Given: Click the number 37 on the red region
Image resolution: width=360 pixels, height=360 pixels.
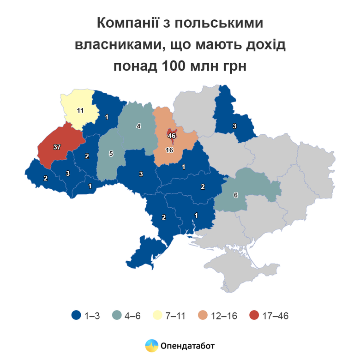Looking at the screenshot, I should point(57,147).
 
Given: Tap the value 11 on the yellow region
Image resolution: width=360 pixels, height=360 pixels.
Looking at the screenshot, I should point(80,110).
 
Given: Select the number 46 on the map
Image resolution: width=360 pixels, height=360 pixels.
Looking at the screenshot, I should point(172,136).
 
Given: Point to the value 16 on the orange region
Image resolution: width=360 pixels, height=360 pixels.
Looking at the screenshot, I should point(169,150).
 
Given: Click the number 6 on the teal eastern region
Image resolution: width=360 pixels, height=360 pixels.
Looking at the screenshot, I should point(236,195).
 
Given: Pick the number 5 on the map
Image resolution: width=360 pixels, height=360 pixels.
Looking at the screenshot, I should point(111,154).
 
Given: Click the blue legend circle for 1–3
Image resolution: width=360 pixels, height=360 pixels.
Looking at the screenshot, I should point(77,316).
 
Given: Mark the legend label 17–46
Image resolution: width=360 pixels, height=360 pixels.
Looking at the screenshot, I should point(275,316).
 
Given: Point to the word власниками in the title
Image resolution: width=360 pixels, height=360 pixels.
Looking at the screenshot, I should point(119,44).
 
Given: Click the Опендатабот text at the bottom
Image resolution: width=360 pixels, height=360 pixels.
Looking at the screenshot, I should point(188,345).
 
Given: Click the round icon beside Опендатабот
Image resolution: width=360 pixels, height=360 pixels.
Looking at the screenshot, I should point(151,345).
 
